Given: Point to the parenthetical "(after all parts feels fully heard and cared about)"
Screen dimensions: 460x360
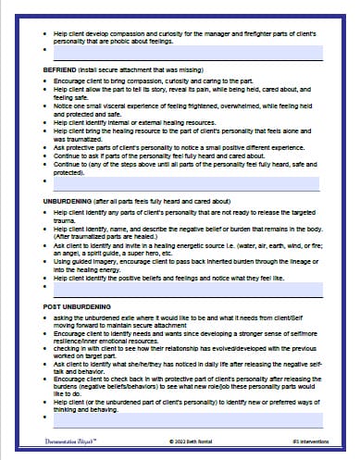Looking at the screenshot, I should click(173, 199).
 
